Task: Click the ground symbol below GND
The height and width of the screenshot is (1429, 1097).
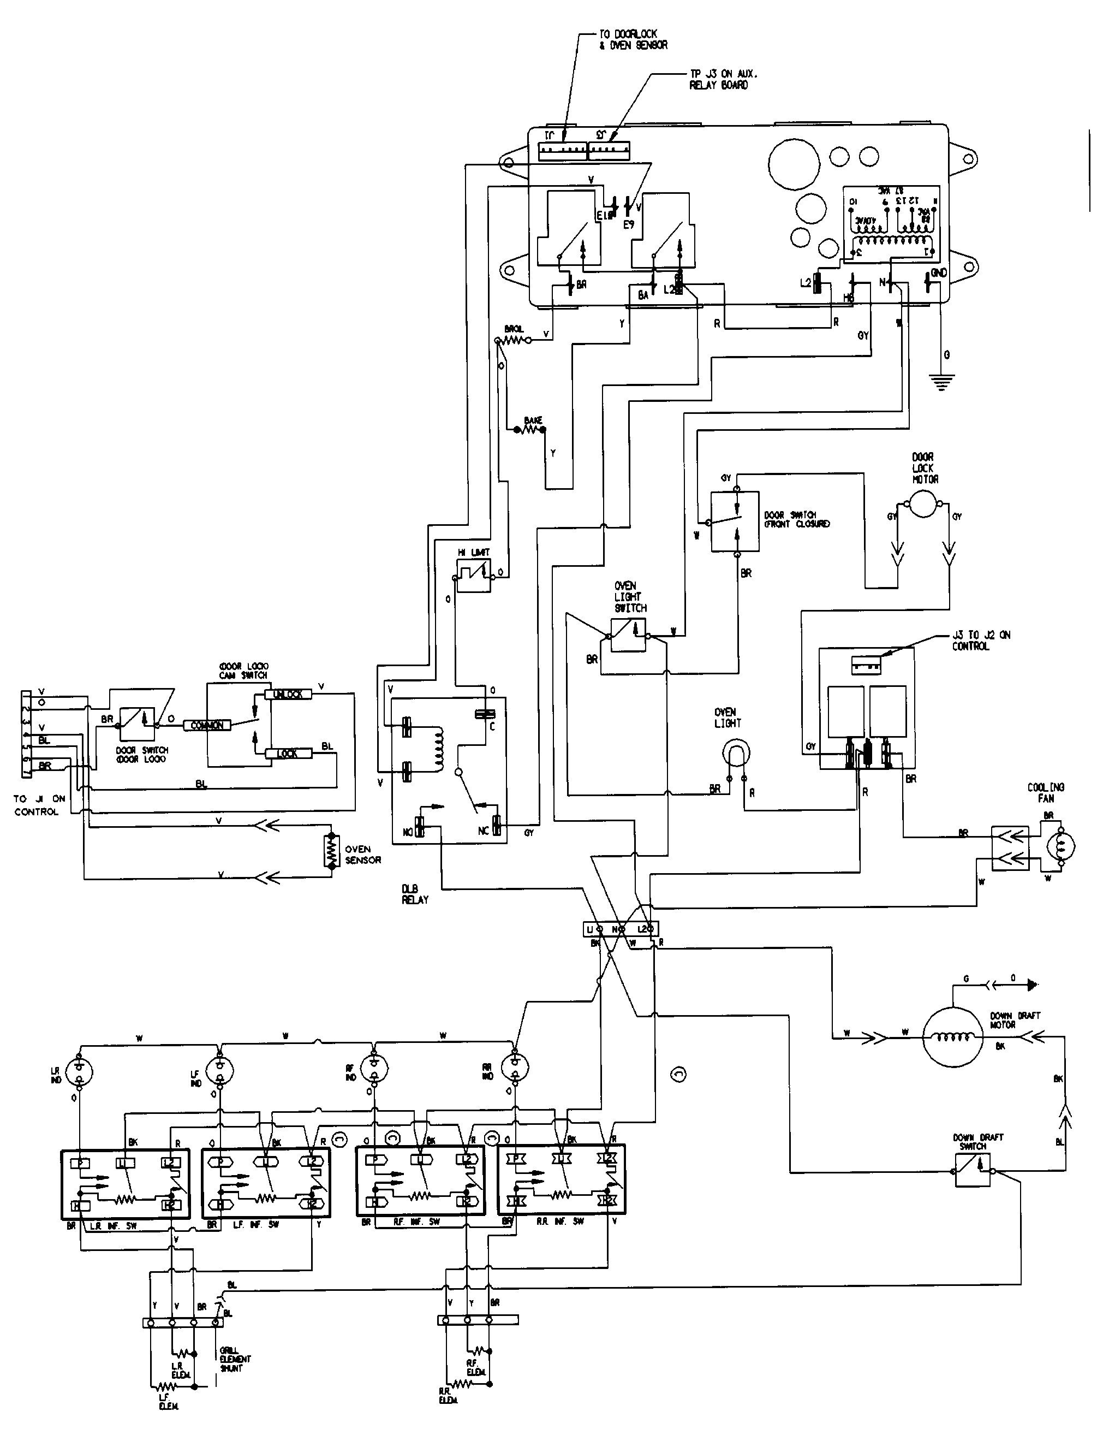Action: (941, 382)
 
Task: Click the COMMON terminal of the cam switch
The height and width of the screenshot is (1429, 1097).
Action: (207, 725)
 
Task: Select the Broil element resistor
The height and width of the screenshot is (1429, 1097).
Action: (513, 340)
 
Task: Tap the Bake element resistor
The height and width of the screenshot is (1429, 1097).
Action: (529, 431)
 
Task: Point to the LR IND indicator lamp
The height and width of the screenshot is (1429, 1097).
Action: (80, 1071)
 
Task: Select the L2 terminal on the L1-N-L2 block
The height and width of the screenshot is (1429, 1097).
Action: (643, 928)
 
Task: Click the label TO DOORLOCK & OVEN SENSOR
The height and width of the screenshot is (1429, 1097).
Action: (633, 40)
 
